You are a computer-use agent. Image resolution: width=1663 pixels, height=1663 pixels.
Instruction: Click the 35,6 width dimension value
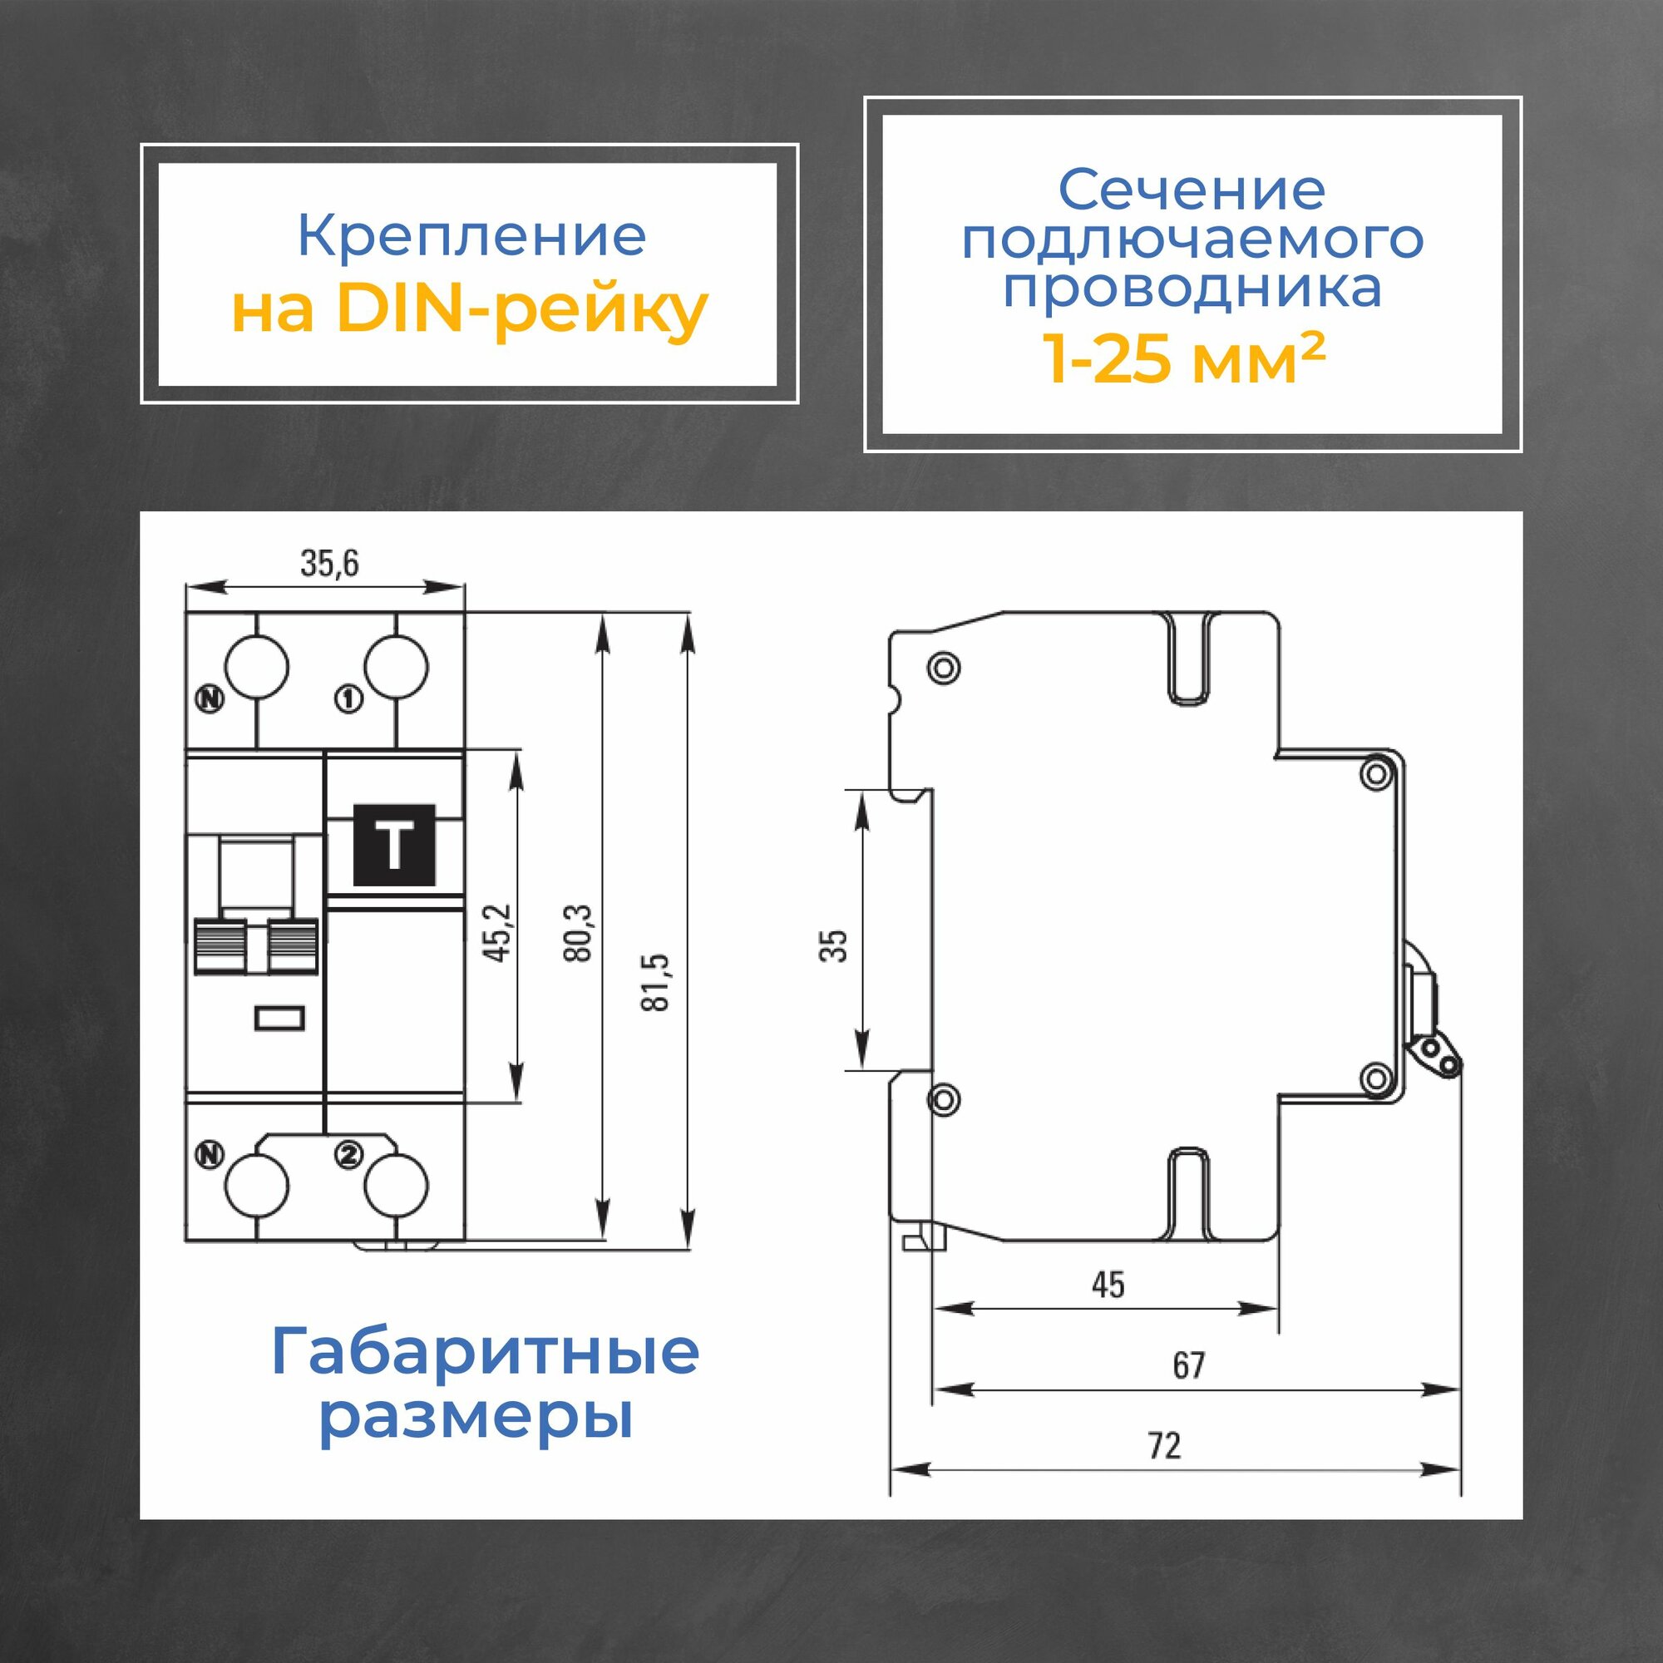pyautogui.click(x=328, y=564)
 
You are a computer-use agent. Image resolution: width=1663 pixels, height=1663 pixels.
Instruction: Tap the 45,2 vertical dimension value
pyautogui.click(x=500, y=933)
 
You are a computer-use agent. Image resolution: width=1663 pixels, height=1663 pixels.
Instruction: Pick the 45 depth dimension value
pyautogui.click(x=1108, y=1285)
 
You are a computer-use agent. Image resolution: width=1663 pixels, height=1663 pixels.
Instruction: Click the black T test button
pyautogui.click(x=395, y=846)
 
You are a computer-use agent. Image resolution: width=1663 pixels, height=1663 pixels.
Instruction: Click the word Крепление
pyautogui.click(x=471, y=237)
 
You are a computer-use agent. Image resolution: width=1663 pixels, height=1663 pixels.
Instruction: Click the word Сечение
pyautogui.click(x=1192, y=190)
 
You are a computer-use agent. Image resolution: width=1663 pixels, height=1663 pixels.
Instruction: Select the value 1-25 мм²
pyautogui.click(x=1183, y=358)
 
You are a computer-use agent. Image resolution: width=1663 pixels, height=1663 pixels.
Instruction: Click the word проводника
pyautogui.click(x=1192, y=288)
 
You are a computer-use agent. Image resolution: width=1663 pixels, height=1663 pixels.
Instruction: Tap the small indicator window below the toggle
pyautogui.click(x=280, y=1019)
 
